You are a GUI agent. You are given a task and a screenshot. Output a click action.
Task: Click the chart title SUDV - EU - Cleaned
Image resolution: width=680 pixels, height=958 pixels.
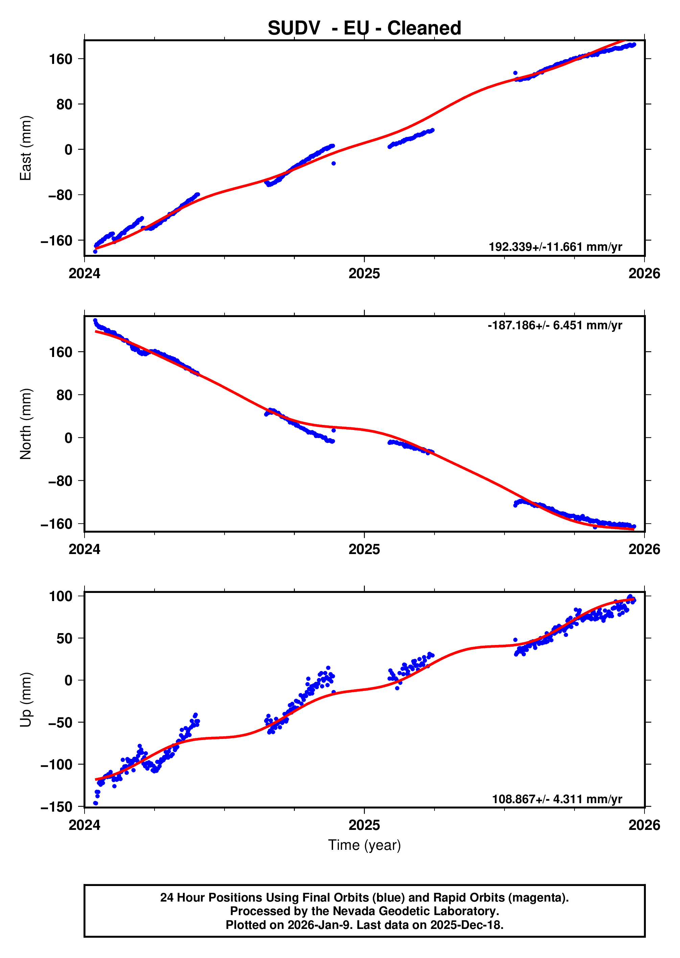(x=364, y=28)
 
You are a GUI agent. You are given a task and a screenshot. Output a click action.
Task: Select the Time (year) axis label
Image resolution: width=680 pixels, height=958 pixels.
(x=364, y=845)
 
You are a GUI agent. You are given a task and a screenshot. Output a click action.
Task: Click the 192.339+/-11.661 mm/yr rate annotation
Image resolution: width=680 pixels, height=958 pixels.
(x=555, y=246)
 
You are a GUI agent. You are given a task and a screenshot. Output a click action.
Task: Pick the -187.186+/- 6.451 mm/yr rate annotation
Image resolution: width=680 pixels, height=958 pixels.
(x=555, y=325)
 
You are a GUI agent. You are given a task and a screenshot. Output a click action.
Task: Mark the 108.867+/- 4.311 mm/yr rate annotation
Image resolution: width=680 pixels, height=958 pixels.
(x=557, y=799)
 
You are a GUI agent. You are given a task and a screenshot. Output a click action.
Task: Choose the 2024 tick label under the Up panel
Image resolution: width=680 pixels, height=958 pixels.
(x=85, y=825)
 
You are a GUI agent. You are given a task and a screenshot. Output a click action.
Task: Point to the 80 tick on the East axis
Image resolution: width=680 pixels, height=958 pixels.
(x=65, y=104)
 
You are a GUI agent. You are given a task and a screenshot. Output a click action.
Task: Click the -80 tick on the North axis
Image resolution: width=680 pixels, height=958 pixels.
(x=60, y=481)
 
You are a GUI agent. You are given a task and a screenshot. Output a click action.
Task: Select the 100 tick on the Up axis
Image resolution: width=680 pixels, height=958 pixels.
(x=61, y=596)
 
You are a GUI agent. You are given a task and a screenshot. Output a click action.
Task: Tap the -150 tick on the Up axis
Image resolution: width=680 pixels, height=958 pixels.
(x=56, y=807)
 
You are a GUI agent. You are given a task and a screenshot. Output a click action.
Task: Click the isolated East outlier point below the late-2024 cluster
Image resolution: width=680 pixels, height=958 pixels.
(x=333, y=163)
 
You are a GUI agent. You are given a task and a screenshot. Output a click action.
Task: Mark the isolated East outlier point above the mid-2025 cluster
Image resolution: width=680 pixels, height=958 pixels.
(x=515, y=73)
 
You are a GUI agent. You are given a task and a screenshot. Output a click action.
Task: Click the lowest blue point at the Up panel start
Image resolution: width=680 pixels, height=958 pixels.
(x=95, y=803)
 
